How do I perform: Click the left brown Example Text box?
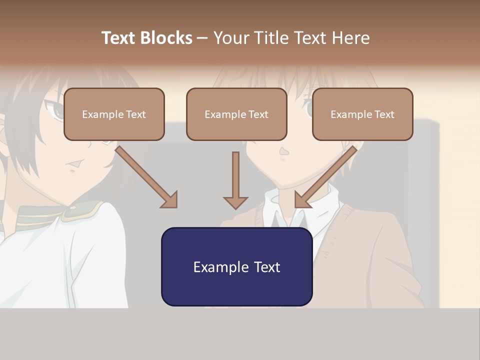pyautogui.click(x=114, y=114)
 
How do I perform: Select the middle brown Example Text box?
pyautogui.click(x=236, y=114)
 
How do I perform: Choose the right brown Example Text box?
pyautogui.click(x=362, y=114)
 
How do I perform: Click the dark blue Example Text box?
pyautogui.click(x=236, y=267)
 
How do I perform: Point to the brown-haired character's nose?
pyautogui.click(x=284, y=151)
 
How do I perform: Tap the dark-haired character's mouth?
pyautogui.click(x=74, y=163)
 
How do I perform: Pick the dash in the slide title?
pyautogui.click(x=202, y=38)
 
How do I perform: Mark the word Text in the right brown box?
pyautogui.click(x=383, y=114)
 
